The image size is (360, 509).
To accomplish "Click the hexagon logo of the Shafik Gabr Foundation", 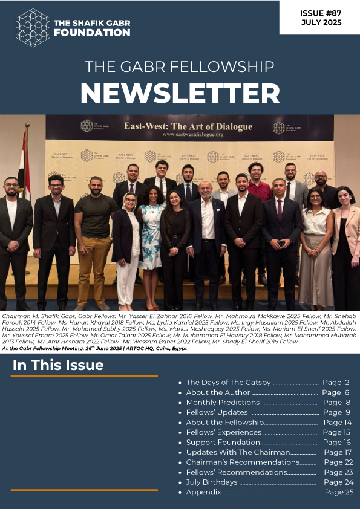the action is tap(32, 27).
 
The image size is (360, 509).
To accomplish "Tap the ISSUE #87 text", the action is tap(321, 12).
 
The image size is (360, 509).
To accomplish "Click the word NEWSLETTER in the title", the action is tap(180, 92).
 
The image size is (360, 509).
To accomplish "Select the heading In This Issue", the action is tap(58, 365).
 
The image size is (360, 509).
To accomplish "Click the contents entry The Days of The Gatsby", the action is tap(227, 383).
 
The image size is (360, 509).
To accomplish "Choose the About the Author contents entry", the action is tap(218, 392).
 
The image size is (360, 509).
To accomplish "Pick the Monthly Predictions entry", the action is tap(223, 403).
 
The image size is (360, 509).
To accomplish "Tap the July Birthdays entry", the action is tap(211, 482).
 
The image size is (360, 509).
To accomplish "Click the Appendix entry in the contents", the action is tap(203, 493).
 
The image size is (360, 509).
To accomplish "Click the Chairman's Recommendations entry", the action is tap(243, 462).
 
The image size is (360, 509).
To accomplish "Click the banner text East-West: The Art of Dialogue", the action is tap(188, 127).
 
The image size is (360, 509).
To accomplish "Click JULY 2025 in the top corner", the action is tap(321, 23).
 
